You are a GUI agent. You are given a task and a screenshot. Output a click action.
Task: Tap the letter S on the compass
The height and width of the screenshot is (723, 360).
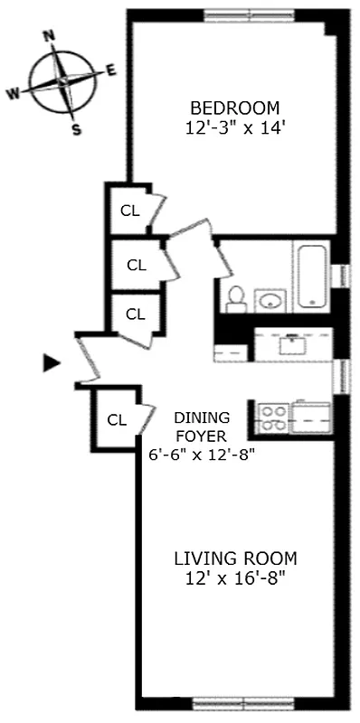(x=76, y=128)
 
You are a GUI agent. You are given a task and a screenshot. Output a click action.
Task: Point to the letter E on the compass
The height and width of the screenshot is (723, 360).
(x=111, y=70)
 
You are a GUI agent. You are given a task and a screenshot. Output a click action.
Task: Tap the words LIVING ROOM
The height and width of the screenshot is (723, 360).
(x=235, y=558)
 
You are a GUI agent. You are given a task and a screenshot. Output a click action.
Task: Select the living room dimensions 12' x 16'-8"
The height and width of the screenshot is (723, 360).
(x=235, y=578)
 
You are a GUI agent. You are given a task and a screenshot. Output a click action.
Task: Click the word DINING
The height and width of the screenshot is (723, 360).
(x=202, y=418)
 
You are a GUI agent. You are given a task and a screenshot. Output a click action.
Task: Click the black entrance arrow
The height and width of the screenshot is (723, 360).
(x=52, y=363)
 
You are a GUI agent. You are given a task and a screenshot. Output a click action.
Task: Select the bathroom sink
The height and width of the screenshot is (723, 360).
(x=269, y=300)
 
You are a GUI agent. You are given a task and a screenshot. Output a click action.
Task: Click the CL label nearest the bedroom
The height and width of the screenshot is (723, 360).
(x=129, y=211)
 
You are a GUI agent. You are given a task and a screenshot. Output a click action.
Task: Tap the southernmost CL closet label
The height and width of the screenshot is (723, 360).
(x=117, y=419)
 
